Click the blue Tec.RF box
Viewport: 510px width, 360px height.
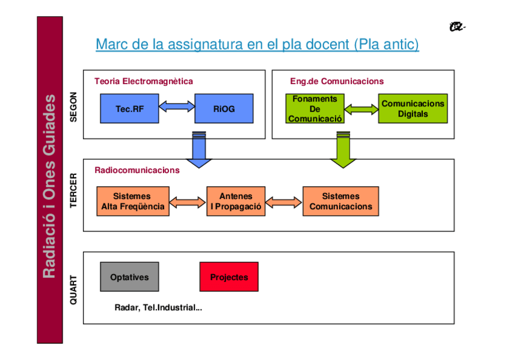point(129,109)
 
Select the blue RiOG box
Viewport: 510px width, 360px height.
point(224,109)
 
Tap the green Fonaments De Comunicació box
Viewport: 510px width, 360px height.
point(315,109)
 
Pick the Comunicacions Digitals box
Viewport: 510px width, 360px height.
point(413,109)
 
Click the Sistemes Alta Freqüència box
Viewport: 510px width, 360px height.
point(132,201)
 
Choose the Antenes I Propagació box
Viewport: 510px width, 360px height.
point(236,201)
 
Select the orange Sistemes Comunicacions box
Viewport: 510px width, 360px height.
point(340,201)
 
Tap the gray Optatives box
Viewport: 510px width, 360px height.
point(129,277)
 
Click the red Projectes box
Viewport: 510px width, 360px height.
point(229,277)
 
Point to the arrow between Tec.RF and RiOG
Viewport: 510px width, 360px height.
point(177,107)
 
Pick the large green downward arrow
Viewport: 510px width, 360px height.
point(343,150)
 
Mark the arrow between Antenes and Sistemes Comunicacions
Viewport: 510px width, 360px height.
point(283,202)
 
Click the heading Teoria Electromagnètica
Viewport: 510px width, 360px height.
point(143,81)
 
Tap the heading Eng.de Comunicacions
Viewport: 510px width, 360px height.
point(336,81)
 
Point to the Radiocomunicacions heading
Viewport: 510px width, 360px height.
point(137,170)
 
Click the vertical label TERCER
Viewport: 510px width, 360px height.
point(73,192)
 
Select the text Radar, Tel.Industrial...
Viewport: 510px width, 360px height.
point(158,308)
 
